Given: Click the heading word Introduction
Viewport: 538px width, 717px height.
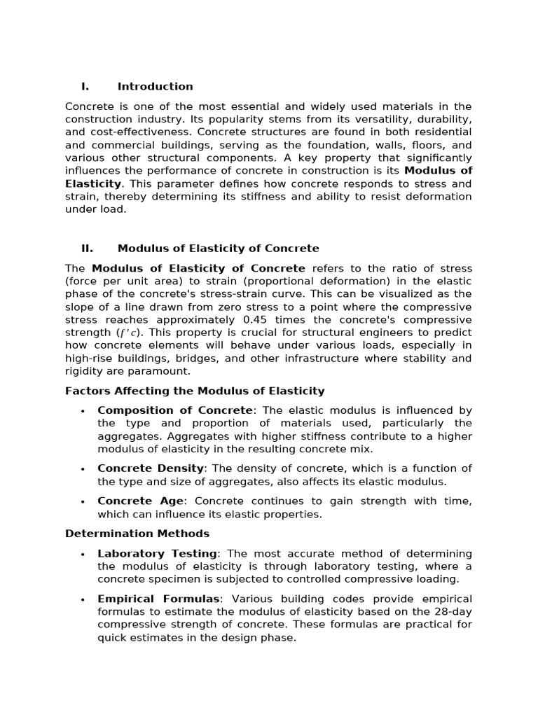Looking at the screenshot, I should click(x=155, y=87).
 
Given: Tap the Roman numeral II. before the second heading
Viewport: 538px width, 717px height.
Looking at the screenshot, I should click(x=87, y=249).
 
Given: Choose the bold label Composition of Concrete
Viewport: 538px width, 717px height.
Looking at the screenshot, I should click(x=174, y=411).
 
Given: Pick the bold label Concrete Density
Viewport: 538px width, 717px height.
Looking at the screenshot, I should click(x=151, y=468).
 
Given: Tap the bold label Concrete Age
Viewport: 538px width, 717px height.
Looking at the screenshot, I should click(x=141, y=501).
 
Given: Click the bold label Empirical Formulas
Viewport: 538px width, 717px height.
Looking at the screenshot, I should click(x=158, y=599).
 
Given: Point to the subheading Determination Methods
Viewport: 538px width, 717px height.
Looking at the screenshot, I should click(x=137, y=534).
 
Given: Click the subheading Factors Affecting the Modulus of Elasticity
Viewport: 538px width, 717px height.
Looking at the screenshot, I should click(x=195, y=391).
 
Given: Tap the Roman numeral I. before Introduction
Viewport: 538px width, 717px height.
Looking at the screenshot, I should click(x=85, y=87).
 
